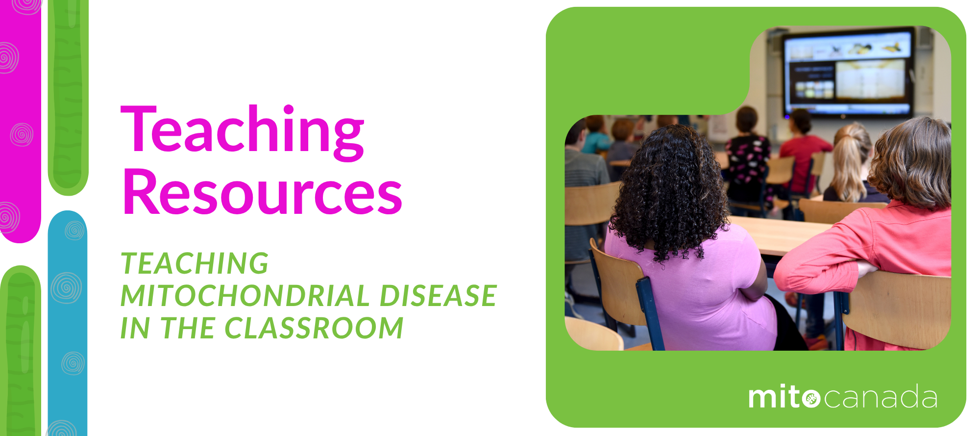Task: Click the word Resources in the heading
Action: [x=262, y=193]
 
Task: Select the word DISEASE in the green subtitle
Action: [x=438, y=296]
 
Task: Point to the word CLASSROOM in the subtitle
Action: [x=314, y=328]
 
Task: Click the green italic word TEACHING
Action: [x=195, y=263]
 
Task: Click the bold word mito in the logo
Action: [x=774, y=397]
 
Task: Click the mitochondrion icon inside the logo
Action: [x=811, y=398]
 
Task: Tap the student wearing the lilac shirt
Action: [x=696, y=289]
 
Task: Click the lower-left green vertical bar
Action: [x=20, y=353]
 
